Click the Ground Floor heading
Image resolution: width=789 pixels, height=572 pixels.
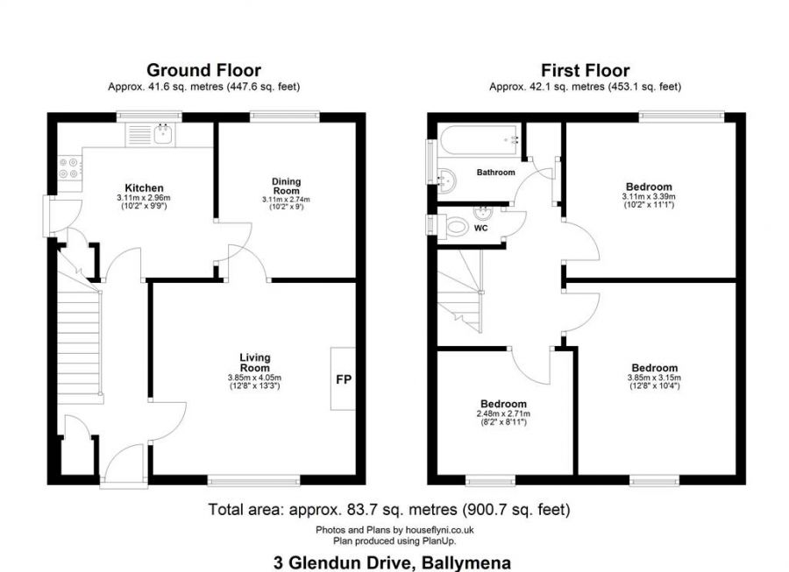click(x=203, y=70)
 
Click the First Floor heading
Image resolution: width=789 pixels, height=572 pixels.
click(x=585, y=70)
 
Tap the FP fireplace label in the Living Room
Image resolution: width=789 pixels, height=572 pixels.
click(x=343, y=379)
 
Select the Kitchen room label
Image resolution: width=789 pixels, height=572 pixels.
click(x=144, y=188)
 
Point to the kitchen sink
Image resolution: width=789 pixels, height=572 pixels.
click(x=161, y=134)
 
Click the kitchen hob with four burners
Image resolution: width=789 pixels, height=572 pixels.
click(x=68, y=168)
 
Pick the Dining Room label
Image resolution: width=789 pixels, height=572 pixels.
click(x=286, y=186)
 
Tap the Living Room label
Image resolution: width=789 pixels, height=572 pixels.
click(x=255, y=362)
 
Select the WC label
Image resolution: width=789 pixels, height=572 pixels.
click(x=480, y=229)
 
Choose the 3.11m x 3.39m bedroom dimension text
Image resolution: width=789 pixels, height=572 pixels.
click(x=649, y=197)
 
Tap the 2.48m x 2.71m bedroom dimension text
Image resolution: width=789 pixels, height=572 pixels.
click(x=502, y=413)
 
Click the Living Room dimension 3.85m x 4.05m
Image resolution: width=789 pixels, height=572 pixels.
click(x=255, y=378)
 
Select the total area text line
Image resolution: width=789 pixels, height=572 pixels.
click(x=389, y=509)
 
